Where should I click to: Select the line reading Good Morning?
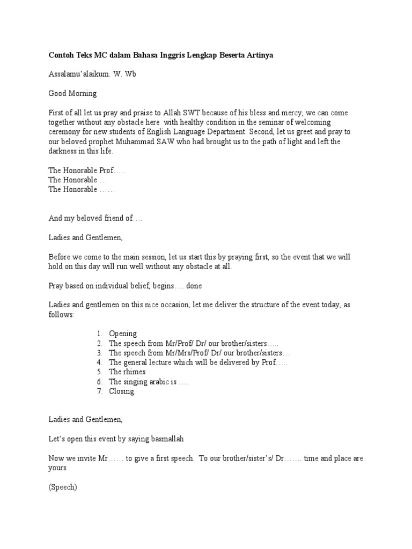pos(72,93)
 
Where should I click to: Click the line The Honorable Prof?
pos(86,170)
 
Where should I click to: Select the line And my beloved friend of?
pos(95,218)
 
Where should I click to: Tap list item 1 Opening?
pos(123,333)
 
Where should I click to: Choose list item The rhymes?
pos(127,372)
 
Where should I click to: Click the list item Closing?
pos(122,391)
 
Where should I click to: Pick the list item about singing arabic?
pos(149,381)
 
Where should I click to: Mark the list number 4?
pos(100,362)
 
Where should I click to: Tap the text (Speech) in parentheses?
pos(63,487)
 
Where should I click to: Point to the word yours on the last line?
pos(57,468)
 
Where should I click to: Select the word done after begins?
pos(194,286)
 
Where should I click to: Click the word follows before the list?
pos(61,314)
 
